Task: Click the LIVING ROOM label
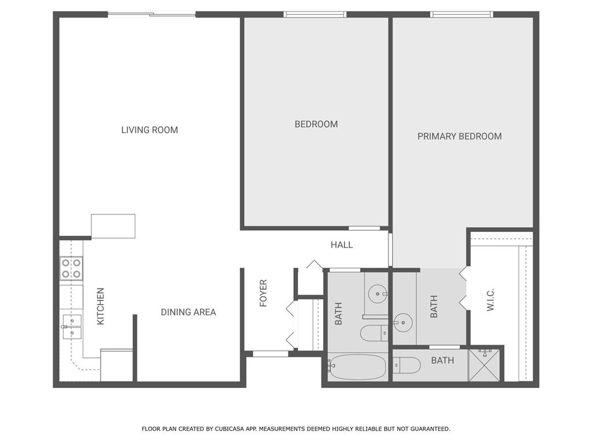pyautogui.click(x=149, y=130)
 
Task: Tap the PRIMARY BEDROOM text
pyautogui.click(x=460, y=136)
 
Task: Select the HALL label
pyautogui.click(x=342, y=245)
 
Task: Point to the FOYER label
pyautogui.click(x=264, y=293)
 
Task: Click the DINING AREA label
pyautogui.click(x=188, y=312)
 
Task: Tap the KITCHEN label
pyautogui.click(x=101, y=306)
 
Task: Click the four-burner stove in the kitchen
pyautogui.click(x=71, y=269)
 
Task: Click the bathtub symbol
pyautogui.click(x=357, y=367)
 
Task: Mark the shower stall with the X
pyautogui.click(x=486, y=365)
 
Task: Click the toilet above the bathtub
pyautogui.click(x=373, y=333)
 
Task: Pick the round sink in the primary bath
pyautogui.click(x=403, y=322)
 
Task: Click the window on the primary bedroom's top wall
pyautogui.click(x=462, y=14)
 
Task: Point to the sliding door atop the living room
pyautogui.click(x=152, y=14)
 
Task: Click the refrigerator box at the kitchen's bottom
pyautogui.click(x=117, y=365)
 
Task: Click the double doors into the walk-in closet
pyautogui.click(x=464, y=288)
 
